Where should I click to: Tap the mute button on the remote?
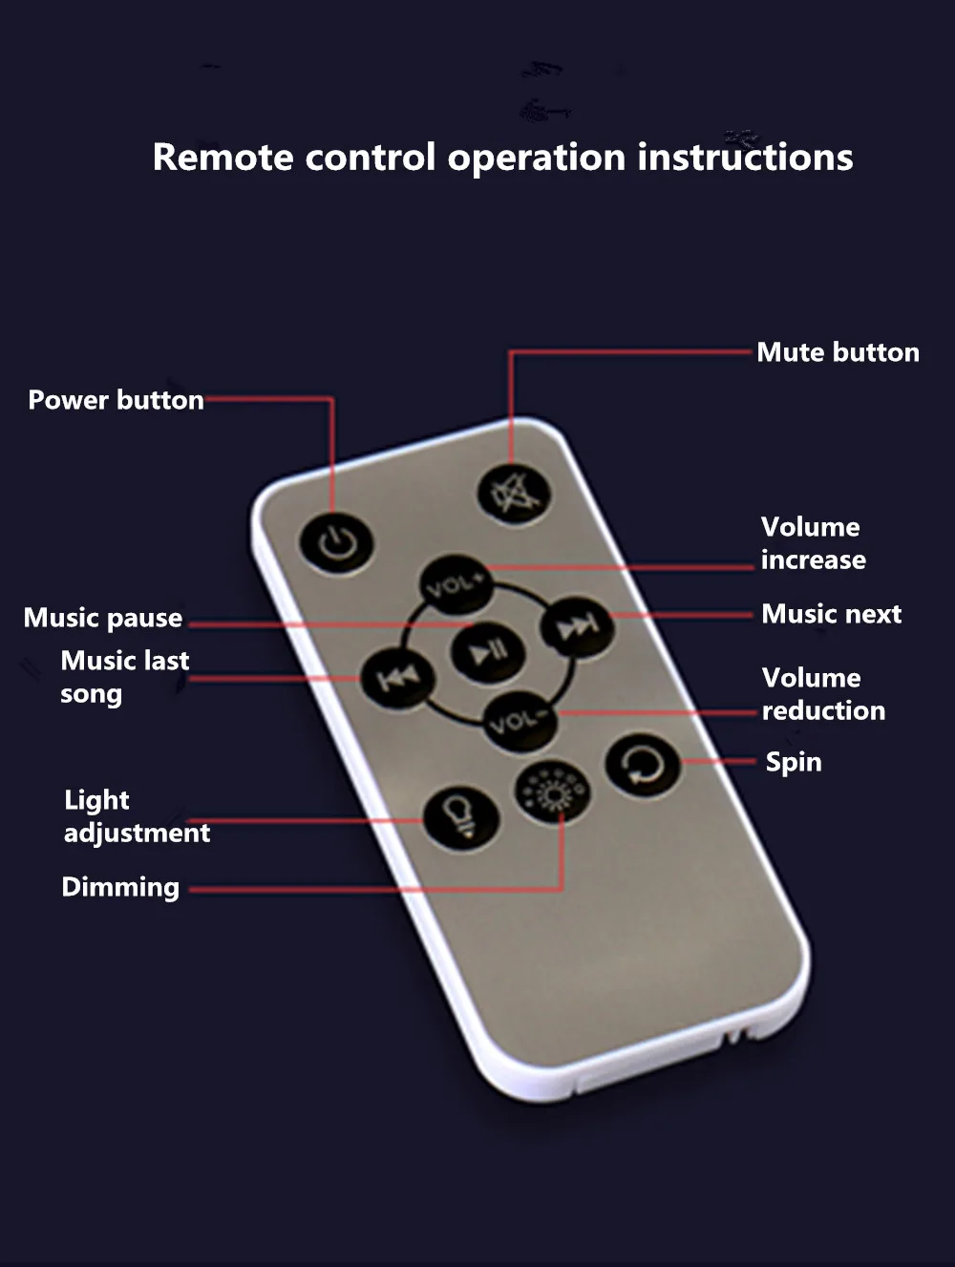point(514,494)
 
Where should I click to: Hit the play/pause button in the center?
point(487,652)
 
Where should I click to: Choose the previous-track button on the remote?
point(397,677)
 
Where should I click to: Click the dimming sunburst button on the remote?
point(551,793)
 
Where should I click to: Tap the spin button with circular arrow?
point(643,765)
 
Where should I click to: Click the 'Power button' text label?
point(116,400)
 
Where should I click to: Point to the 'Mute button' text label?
point(838,352)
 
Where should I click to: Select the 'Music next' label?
point(831,614)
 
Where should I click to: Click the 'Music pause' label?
point(103,618)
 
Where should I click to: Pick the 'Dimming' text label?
point(120,887)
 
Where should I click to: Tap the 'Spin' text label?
point(793,762)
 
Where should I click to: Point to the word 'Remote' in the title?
point(223,158)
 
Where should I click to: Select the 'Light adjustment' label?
point(136,816)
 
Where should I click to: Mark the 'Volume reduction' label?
point(822,694)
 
